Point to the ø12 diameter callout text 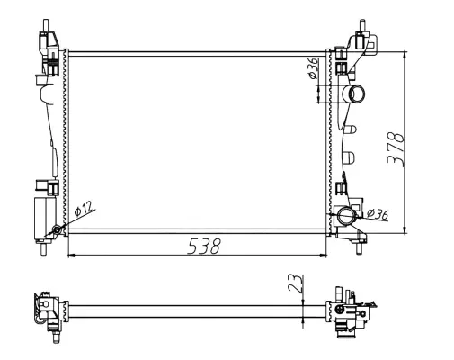tap(85, 210)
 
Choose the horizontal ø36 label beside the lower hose tap(378, 214)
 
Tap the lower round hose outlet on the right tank tap(348, 217)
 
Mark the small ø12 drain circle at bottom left tap(58, 229)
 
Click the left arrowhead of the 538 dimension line tap(72, 256)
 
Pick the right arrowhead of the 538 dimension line tap(326, 256)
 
